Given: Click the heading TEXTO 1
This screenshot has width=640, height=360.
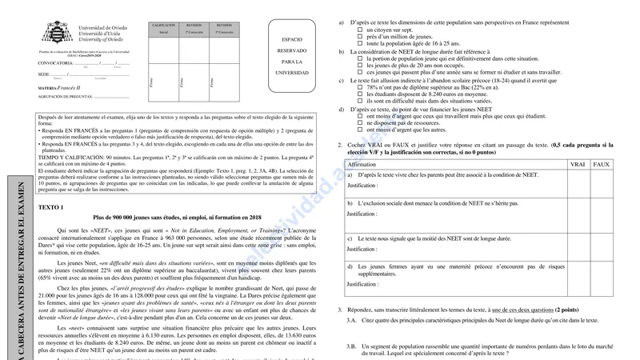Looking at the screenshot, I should tap(50, 207).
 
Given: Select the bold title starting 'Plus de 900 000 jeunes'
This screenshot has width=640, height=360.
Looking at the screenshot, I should tap(177, 218).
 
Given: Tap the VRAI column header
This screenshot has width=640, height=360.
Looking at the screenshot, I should tap(577, 164).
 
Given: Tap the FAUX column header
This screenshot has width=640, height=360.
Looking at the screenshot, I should tap(601, 164).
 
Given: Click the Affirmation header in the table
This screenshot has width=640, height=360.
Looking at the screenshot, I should tap(362, 164).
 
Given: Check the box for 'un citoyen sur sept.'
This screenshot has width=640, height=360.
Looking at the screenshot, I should tap(360, 30).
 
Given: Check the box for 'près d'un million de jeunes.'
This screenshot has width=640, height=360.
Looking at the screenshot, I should tap(360, 37).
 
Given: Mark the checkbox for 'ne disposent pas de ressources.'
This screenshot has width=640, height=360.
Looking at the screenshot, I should tap(360, 122).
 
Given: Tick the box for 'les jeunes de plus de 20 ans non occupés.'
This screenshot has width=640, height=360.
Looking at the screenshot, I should tap(360, 65).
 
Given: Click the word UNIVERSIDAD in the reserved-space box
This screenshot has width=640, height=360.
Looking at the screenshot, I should tap(292, 72).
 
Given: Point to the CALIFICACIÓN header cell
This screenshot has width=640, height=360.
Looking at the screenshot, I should tap(163, 26).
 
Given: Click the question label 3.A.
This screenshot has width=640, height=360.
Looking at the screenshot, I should tap(351, 319).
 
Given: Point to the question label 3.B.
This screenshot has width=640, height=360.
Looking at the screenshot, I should tap(351, 346).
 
